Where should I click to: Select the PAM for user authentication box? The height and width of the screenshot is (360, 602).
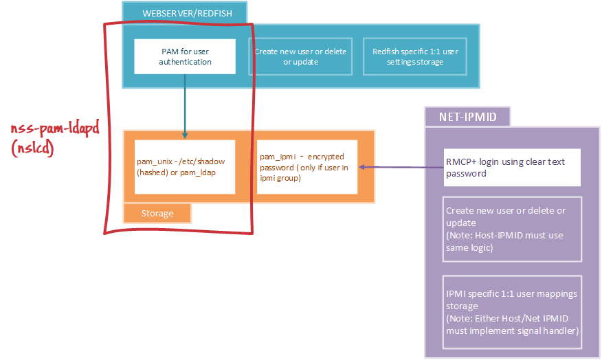(x=185, y=56)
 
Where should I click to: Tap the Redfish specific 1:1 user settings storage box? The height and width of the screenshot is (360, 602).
(x=414, y=56)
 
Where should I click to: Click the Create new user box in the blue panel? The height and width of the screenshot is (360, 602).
(x=300, y=56)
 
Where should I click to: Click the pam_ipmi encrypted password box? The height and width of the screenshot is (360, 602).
(x=307, y=167)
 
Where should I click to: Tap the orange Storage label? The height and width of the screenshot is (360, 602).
(x=157, y=213)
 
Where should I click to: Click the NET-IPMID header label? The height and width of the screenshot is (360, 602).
(x=467, y=117)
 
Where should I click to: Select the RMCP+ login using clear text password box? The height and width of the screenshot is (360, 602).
(x=513, y=168)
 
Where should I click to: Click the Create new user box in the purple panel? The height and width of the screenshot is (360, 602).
(x=513, y=229)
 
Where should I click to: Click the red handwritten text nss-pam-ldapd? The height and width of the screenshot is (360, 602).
(x=55, y=130)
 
